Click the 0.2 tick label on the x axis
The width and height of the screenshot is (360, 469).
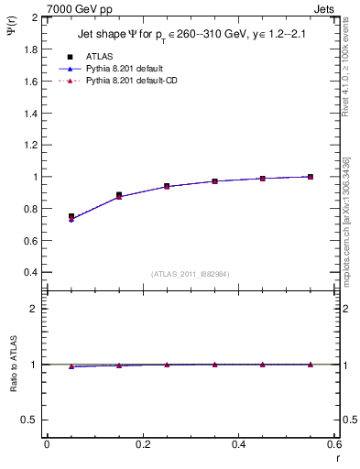point(142,444)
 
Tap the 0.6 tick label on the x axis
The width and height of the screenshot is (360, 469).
point(333,444)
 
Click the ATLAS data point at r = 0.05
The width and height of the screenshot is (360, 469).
point(71,217)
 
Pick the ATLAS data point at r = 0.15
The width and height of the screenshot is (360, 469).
point(119,195)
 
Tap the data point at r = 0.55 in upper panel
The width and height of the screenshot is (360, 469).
point(311,177)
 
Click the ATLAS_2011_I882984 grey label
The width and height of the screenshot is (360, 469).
point(190,273)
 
